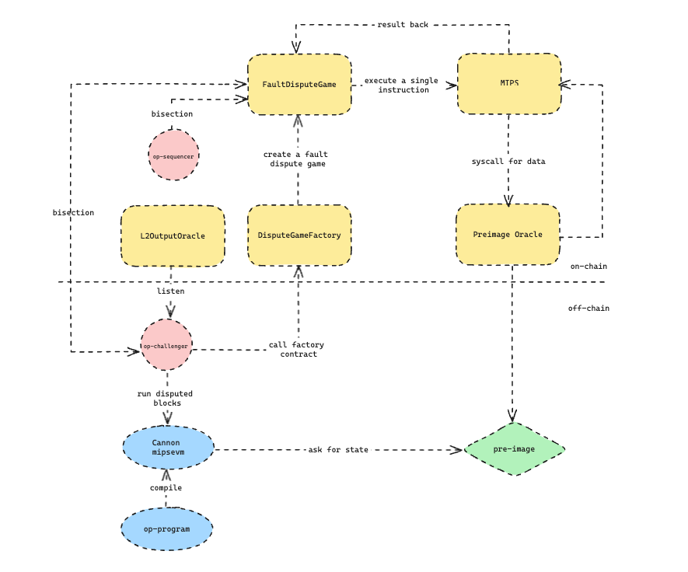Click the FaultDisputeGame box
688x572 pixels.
click(x=299, y=84)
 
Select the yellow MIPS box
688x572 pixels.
click(x=509, y=83)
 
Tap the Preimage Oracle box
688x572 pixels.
click(x=508, y=235)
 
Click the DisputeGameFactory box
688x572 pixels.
click(x=299, y=235)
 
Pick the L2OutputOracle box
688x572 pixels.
click(x=173, y=235)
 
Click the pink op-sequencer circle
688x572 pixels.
click(x=173, y=155)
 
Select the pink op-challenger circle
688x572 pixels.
click(x=166, y=345)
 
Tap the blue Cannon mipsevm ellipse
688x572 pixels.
click(x=168, y=448)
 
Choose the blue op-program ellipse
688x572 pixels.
click(x=166, y=529)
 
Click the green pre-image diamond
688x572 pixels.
click(x=515, y=449)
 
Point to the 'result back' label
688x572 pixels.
click(x=403, y=25)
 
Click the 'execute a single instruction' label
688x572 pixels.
click(x=403, y=85)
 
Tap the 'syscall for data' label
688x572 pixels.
click(x=508, y=162)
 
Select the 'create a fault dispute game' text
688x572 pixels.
click(x=297, y=159)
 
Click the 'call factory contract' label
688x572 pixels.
click(x=297, y=349)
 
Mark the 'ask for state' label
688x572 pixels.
click(x=338, y=450)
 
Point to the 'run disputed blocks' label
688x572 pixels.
click(x=165, y=398)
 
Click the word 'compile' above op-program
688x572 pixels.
click(x=166, y=488)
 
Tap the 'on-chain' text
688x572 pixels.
click(x=588, y=267)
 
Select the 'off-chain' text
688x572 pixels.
click(x=588, y=309)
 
